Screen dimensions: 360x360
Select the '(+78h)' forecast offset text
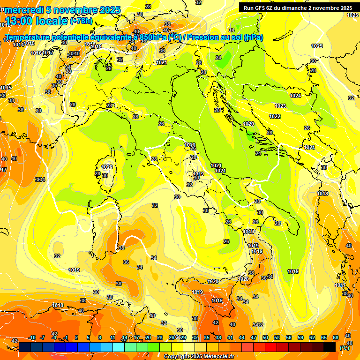[x=81, y=22]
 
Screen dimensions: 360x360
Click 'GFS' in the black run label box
[x=262, y=8]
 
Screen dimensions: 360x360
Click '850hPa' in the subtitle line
[x=153, y=37]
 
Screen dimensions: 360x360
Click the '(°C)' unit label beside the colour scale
[x=344, y=348]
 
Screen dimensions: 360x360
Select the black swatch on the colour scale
[x=330, y=347]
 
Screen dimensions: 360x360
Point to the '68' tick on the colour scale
[x=336, y=337]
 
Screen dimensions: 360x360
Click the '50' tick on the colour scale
[x=265, y=337]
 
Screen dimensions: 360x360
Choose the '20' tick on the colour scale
[x=148, y=337]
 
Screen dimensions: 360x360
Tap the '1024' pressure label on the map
[x=295, y=96]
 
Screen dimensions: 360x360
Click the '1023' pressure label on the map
[x=281, y=106]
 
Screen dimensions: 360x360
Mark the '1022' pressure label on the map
[x=275, y=116]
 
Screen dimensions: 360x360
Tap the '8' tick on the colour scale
[x=100, y=337]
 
